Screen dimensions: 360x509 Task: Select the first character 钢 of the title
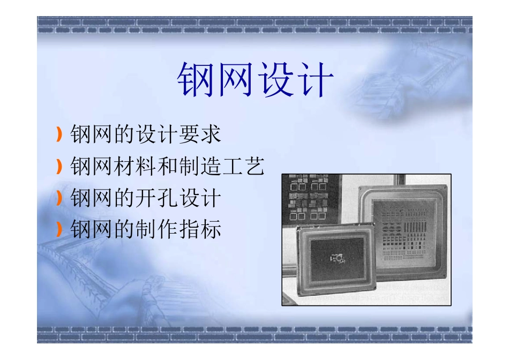(x=196, y=80)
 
